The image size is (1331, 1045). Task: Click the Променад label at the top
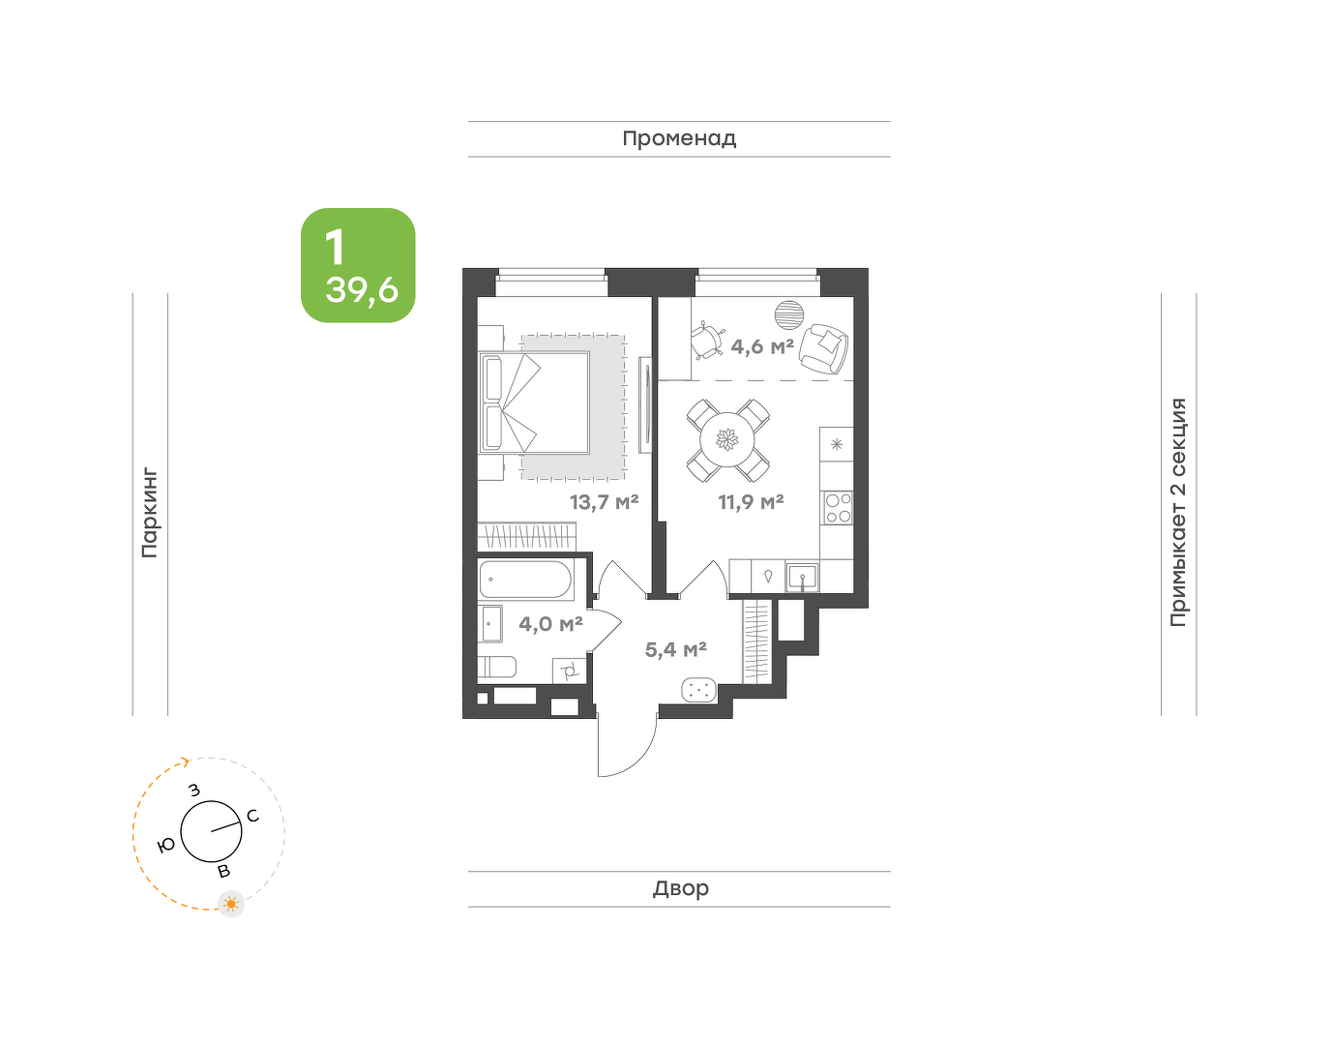click(679, 139)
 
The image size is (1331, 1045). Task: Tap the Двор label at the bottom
click(681, 887)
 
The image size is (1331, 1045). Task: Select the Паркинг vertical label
click(150, 514)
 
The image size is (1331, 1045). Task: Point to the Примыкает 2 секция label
click(1178, 512)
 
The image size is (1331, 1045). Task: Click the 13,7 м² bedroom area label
click(604, 502)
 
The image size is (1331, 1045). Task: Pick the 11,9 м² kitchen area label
click(751, 502)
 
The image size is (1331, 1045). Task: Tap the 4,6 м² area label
click(762, 346)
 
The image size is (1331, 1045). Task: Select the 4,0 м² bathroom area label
click(550, 624)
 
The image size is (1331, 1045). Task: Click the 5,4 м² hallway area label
click(675, 648)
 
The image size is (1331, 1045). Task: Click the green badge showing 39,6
click(358, 265)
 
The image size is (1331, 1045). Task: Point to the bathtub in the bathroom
click(525, 579)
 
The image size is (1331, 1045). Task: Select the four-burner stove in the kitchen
click(839, 508)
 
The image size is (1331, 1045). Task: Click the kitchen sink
click(802, 578)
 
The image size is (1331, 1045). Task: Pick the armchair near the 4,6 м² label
click(824, 348)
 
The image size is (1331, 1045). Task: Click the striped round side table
click(789, 315)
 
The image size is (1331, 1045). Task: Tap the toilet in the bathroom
click(497, 667)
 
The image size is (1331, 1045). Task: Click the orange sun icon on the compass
click(231, 904)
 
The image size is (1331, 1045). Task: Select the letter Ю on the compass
click(166, 846)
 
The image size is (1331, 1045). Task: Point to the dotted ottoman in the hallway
click(698, 690)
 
